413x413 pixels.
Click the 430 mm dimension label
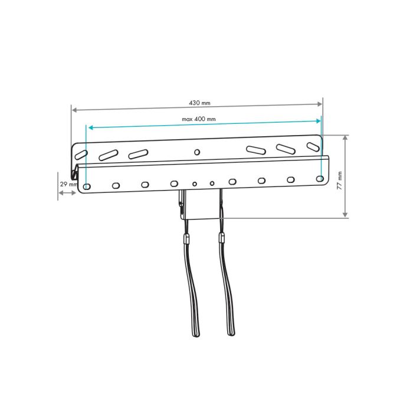[199, 103]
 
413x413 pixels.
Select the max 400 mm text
[199, 119]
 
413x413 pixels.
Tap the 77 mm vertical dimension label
[339, 181]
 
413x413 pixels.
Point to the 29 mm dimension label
[68, 184]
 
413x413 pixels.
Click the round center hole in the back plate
[196, 152]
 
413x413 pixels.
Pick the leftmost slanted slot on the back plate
[81, 155]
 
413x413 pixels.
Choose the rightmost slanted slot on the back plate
[313, 147]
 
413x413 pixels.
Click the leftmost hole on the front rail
[87, 187]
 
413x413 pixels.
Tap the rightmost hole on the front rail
[320, 179]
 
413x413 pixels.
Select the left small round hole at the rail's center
[195, 184]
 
